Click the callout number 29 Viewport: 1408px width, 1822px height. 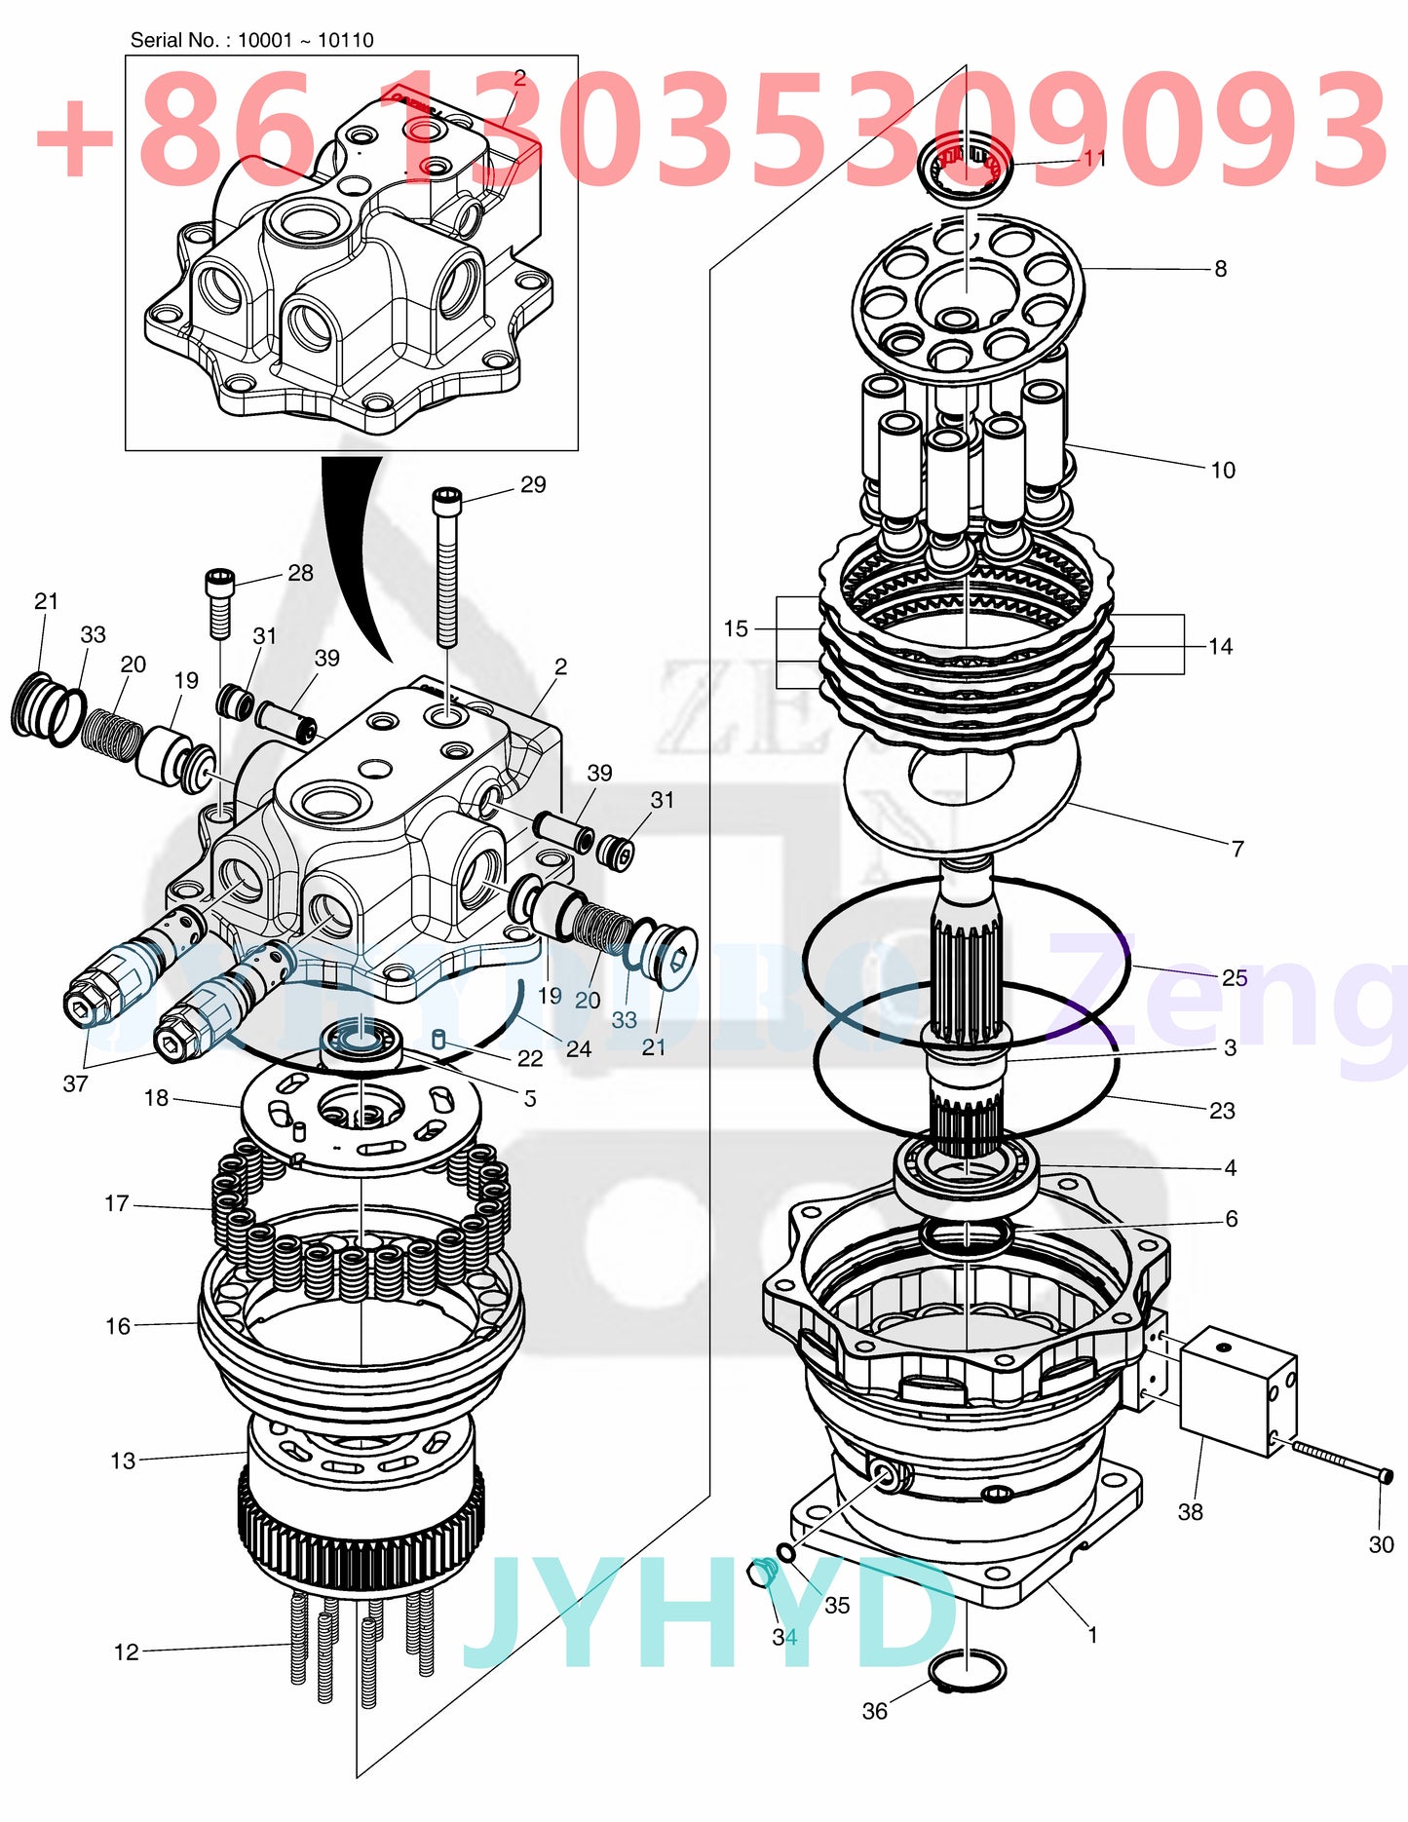point(533,484)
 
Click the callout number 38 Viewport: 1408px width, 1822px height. point(1190,1511)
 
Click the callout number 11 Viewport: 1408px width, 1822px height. point(1094,157)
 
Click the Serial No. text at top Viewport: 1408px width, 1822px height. point(251,40)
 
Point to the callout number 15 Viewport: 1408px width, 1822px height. point(736,628)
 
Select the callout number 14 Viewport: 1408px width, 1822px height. point(1220,646)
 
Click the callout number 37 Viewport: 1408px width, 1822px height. point(75,1082)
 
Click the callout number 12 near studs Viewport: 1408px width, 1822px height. point(127,1651)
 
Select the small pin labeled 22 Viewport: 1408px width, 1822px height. point(438,1040)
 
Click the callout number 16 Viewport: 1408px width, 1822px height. point(118,1326)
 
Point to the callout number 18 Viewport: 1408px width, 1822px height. point(156,1098)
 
